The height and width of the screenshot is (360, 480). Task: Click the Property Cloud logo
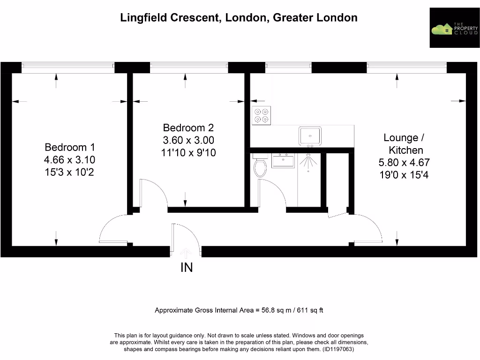[x=454, y=28]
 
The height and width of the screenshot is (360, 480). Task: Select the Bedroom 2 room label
[x=188, y=127]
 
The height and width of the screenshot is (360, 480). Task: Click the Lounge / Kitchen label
[x=404, y=144]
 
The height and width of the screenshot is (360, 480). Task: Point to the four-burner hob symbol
[x=262, y=116]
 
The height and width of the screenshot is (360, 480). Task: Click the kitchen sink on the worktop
[x=310, y=135]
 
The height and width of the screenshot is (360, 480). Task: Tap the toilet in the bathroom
[x=260, y=166]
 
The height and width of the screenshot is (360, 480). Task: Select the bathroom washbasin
[x=283, y=161]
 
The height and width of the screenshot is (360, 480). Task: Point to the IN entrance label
[x=187, y=268]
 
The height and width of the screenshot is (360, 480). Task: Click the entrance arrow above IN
[x=186, y=253]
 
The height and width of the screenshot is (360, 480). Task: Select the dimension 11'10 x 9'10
[x=188, y=152]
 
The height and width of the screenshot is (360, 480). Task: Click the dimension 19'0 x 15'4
[x=404, y=175]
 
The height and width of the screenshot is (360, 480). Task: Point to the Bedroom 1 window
[x=68, y=67]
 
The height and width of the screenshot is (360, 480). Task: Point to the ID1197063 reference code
[x=337, y=349]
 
